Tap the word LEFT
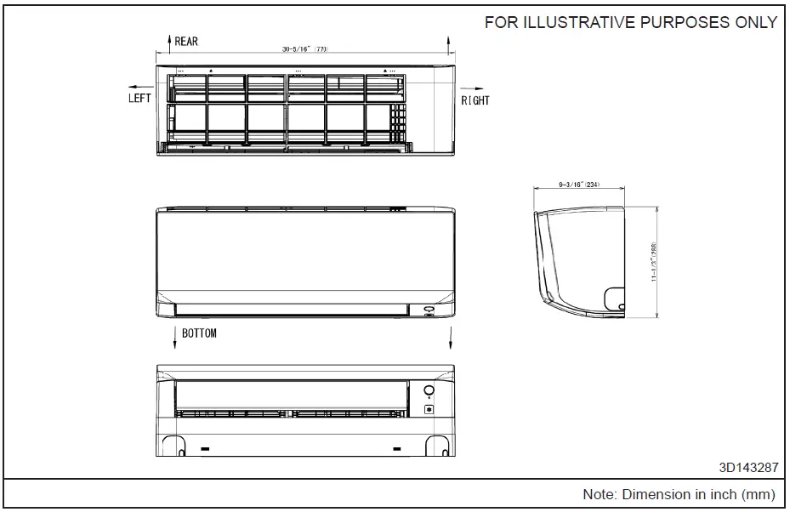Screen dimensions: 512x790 [139, 98]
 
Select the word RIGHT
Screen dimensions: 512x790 [475, 100]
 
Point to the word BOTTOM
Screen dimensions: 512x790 [199, 333]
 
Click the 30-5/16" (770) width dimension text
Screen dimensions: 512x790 [305, 50]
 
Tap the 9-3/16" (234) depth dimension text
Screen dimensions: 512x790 [579, 185]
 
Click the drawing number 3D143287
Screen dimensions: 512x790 [747, 468]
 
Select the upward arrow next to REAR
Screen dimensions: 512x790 [169, 42]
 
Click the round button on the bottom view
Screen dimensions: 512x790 [429, 391]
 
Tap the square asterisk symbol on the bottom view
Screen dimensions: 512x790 [429, 410]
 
